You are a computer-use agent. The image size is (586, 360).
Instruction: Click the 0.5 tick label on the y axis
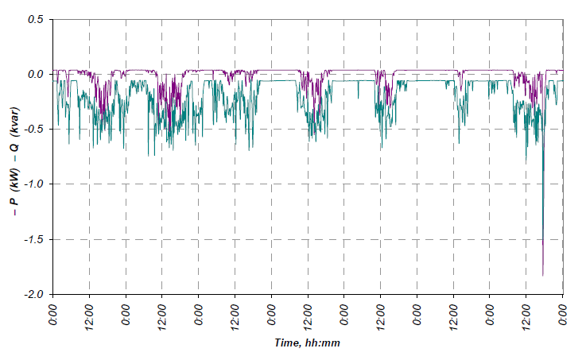click(34, 19)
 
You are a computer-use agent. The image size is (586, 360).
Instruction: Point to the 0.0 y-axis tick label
click(34, 74)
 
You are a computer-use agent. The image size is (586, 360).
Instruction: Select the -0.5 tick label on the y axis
click(33, 130)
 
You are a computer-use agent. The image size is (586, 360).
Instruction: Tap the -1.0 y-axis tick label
click(33, 184)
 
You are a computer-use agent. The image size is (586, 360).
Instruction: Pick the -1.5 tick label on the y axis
click(33, 239)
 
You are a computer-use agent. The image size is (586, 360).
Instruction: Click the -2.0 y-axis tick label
click(33, 294)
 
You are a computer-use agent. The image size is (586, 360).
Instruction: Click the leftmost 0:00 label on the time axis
click(53, 311)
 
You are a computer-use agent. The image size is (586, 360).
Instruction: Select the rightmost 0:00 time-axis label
click(563, 311)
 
